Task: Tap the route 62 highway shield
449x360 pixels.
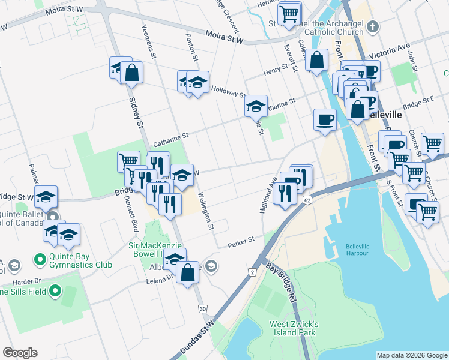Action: pos(307,199)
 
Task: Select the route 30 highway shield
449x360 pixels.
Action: pos(202,308)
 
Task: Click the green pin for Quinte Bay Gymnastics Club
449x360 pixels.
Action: pos(41,260)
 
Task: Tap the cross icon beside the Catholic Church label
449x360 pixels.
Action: pos(372,26)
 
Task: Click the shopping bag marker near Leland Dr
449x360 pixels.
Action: pos(188,273)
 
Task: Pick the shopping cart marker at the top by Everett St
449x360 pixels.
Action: pos(289,13)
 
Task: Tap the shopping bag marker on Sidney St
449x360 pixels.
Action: pos(131,73)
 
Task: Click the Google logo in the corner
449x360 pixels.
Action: pos(20,353)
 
